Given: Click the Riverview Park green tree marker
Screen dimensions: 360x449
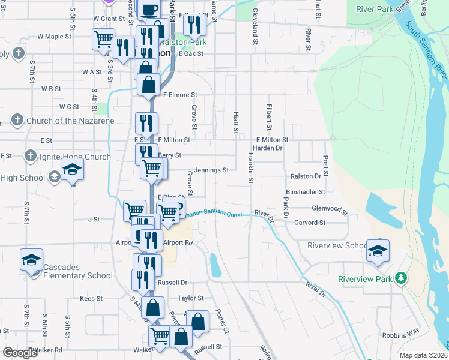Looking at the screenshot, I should pyautogui.click(x=399, y=279).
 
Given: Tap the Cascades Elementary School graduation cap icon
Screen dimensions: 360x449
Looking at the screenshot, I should pyautogui.click(x=31, y=260).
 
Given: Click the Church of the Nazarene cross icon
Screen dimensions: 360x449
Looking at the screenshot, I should pyautogui.click(x=17, y=121).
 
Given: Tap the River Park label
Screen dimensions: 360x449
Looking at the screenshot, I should pyautogui.click(x=374, y=9).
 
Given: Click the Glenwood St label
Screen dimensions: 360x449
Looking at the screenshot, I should pyautogui.click(x=330, y=209).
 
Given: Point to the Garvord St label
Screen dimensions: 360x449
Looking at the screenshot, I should pyautogui.click(x=310, y=223).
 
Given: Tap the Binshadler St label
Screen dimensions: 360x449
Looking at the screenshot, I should pyautogui.click(x=306, y=192).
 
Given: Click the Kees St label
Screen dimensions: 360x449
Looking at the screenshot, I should pyautogui.click(x=91, y=298).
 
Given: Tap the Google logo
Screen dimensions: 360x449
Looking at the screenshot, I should pyautogui.click(x=20, y=353).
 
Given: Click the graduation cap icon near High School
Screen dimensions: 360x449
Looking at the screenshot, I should pyautogui.click(x=72, y=170).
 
